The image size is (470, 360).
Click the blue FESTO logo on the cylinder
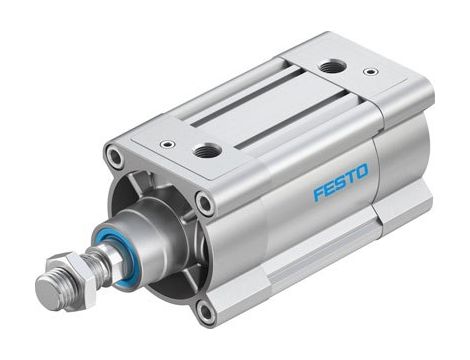(x=340, y=182)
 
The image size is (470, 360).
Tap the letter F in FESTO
(x=316, y=192)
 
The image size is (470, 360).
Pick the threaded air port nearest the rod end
(x=208, y=150)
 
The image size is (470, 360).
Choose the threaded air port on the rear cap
(x=331, y=67)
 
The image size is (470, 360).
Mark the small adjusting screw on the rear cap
(x=371, y=72)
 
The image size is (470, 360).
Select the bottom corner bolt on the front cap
(x=205, y=312)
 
